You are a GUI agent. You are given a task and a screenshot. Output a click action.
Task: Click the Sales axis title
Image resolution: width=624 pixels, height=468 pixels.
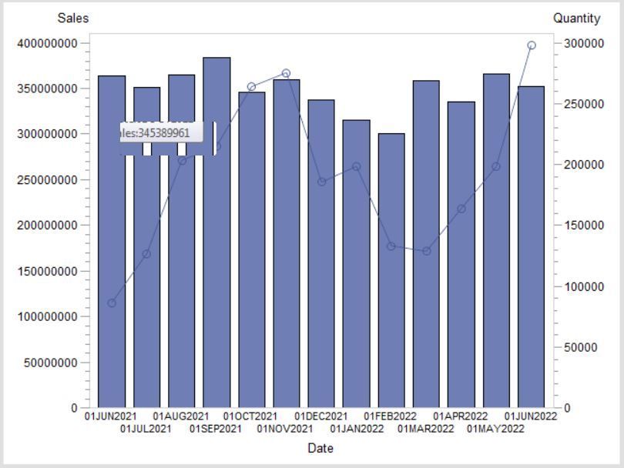tap(73, 18)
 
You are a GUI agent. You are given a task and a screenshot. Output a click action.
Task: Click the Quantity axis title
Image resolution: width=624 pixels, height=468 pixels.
tap(576, 18)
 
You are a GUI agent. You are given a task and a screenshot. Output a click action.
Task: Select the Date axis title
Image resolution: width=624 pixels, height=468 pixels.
tap(320, 448)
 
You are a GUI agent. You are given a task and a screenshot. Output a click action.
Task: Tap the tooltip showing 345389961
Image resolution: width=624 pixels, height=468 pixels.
tap(166, 133)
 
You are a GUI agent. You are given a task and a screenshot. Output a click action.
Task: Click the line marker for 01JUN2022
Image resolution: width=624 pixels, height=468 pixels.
tap(532, 45)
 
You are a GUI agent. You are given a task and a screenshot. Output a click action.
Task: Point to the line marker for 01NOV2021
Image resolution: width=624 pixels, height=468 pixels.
tap(286, 73)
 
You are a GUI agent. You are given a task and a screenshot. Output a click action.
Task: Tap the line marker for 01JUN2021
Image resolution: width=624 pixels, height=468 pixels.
tap(112, 303)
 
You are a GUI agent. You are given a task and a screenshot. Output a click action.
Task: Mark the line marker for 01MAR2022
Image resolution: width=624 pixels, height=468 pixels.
tap(426, 251)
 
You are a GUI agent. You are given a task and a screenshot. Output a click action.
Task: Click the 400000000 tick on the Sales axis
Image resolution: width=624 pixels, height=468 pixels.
tap(47, 43)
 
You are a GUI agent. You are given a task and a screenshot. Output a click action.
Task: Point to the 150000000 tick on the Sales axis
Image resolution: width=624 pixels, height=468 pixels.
tap(47, 271)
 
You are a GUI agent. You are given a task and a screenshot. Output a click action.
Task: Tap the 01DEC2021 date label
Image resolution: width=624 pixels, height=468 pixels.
tap(321, 417)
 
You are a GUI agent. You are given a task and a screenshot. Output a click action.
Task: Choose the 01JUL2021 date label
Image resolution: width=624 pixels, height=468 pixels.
tap(146, 429)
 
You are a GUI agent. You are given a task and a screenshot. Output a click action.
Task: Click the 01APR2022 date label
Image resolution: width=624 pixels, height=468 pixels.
tap(461, 417)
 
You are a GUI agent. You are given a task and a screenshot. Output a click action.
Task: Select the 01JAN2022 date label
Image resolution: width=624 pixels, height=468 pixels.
tap(357, 429)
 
